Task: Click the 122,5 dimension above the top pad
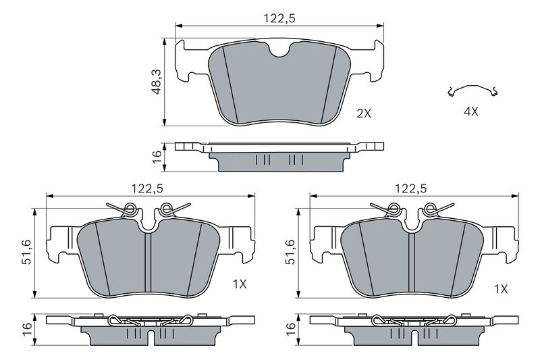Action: click(279, 18)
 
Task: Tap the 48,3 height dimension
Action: click(157, 82)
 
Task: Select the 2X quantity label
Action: click(364, 113)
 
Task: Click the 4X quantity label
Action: click(470, 111)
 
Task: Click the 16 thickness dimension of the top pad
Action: click(157, 157)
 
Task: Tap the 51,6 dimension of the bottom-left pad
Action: click(26, 252)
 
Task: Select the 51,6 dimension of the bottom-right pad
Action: click(290, 252)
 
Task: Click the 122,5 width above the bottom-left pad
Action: click(146, 188)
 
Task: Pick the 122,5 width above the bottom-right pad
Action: click(411, 188)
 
